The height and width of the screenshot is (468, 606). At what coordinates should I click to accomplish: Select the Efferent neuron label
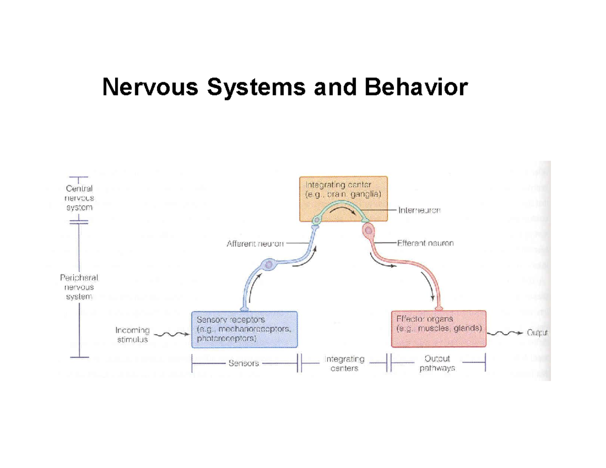pos(425,243)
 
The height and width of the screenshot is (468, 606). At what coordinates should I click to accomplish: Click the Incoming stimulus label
pos(133,335)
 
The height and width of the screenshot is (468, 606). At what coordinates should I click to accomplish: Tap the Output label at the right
pos(537,332)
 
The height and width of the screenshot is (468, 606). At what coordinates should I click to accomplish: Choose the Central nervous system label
pos(79,197)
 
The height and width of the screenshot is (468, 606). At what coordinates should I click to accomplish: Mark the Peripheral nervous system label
pos(79,287)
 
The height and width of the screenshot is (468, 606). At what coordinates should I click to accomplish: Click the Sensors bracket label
pos(243,362)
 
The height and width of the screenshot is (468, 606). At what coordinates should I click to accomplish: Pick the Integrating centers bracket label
pos(344,363)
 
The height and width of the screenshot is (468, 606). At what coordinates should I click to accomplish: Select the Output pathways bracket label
pos(437,363)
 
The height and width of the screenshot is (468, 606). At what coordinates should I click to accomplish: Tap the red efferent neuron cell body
pos(368,231)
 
